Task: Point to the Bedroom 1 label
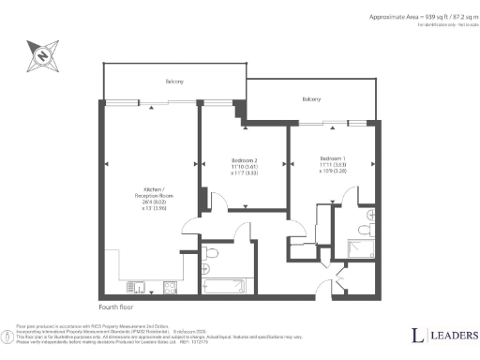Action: click(x=332, y=157)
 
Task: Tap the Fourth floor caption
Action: click(x=117, y=307)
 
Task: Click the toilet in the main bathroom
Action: click(x=212, y=252)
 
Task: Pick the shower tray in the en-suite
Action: click(x=361, y=248)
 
